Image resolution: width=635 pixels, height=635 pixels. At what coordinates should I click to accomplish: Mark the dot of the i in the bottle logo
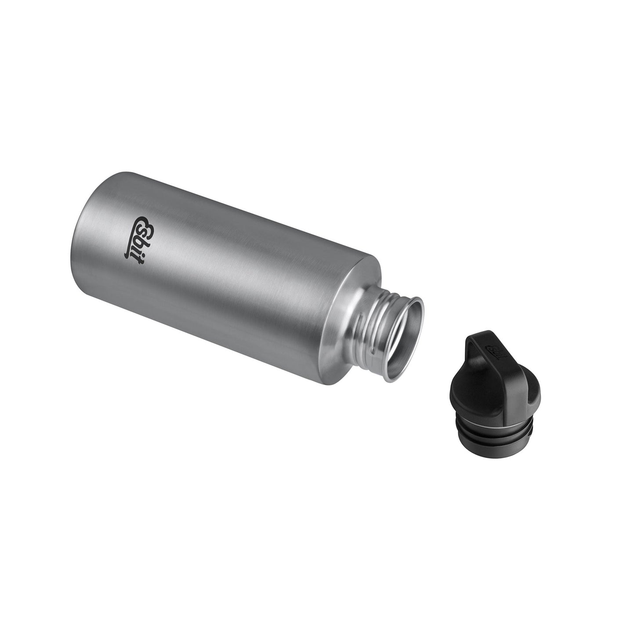(144, 255)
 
